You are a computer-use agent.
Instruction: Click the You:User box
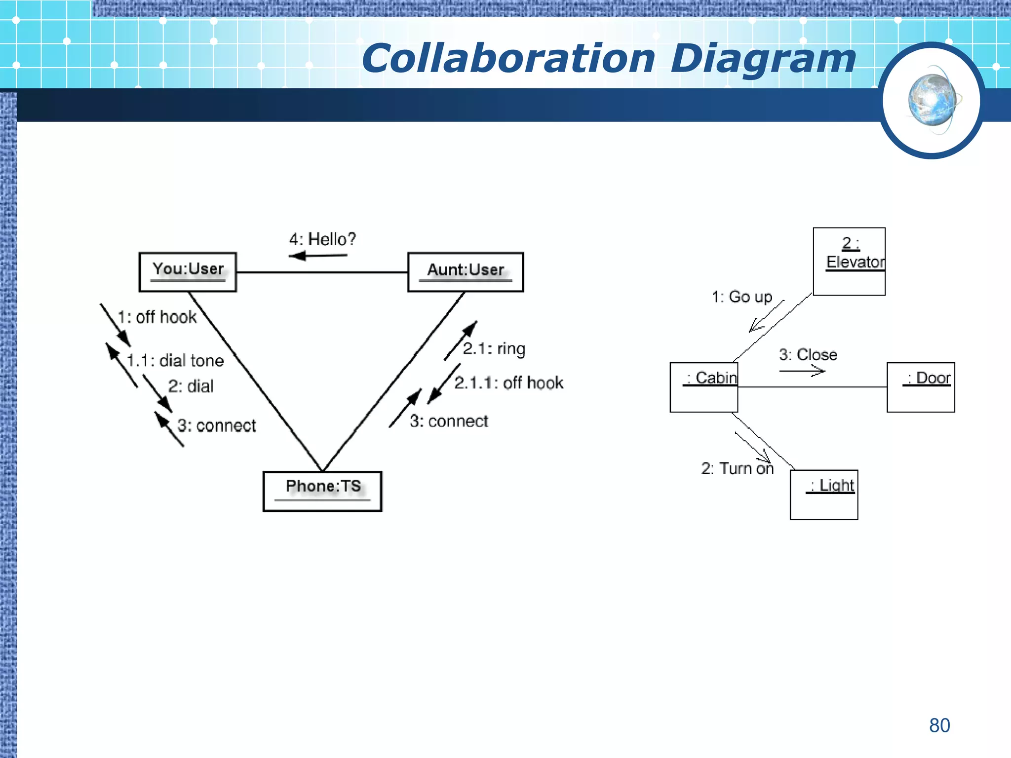point(188,272)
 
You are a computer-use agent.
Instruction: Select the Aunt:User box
point(465,272)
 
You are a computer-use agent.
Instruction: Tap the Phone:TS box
point(322,491)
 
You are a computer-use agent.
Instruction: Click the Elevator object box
point(849,261)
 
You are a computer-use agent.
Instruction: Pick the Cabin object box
point(703,387)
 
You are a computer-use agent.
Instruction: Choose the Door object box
point(921,387)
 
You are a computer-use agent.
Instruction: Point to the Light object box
point(824,494)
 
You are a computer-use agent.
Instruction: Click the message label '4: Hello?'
point(322,239)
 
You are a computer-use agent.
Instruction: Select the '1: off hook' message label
point(157,317)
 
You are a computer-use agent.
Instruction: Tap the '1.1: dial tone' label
point(175,361)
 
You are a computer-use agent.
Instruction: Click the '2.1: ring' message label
point(494,349)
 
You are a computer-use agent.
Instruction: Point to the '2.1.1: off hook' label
point(509,383)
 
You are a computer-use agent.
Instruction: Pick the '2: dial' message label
point(191,386)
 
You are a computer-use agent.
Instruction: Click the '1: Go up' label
point(742,297)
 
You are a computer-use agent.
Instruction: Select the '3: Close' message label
point(808,355)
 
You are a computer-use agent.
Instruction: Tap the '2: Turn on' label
point(738,468)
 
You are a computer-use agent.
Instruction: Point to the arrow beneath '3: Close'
point(802,371)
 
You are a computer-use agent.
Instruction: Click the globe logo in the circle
point(932,101)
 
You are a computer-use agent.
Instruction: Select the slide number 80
point(939,725)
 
